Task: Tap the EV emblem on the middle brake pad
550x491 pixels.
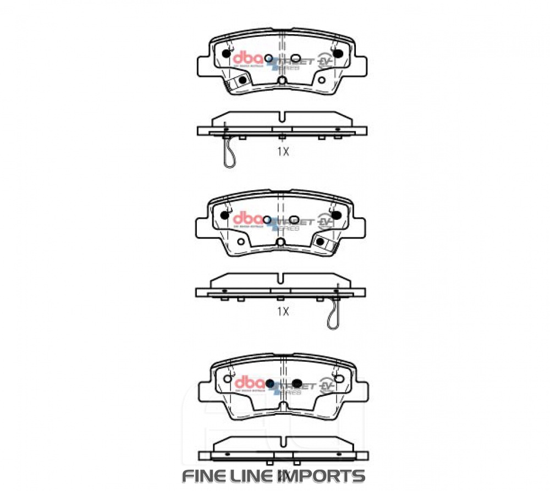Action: [x=326, y=222]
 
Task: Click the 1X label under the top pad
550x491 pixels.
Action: [x=283, y=152]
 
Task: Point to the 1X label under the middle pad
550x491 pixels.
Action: [x=283, y=312]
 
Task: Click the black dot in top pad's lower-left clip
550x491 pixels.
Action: [x=243, y=80]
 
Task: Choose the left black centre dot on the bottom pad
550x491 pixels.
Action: [x=269, y=383]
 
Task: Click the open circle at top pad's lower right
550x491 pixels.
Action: [x=322, y=80]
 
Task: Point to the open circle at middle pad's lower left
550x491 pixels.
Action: [x=241, y=240]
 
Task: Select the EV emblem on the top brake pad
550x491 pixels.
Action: [x=326, y=60]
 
